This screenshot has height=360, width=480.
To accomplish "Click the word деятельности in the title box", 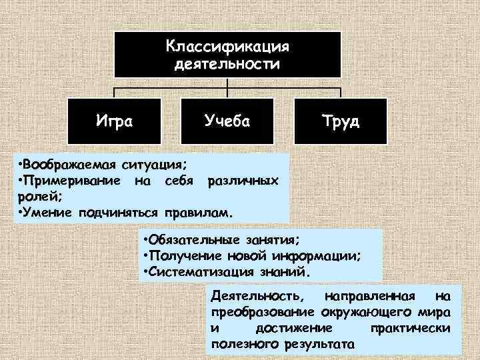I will click(x=227, y=65).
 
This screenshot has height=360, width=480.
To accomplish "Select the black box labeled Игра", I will click(x=115, y=121).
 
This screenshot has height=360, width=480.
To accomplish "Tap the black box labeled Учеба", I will click(x=227, y=121).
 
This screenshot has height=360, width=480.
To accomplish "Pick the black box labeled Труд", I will click(x=340, y=121).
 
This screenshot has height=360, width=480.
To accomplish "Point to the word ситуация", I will click(x=154, y=164).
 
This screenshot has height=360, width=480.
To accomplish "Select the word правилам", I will click(x=203, y=214).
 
